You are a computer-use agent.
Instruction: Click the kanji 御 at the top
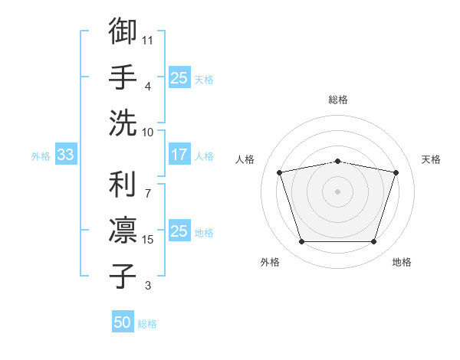tap(123, 31)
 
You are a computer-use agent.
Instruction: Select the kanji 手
tap(123, 77)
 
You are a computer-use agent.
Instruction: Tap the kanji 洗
tap(123, 123)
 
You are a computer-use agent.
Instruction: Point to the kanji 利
tap(123, 184)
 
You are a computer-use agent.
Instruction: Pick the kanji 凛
tap(123, 230)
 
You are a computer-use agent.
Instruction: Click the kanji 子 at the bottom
tap(123, 276)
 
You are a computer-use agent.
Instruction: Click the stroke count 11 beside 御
tap(147, 41)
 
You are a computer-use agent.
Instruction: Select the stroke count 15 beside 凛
tap(147, 240)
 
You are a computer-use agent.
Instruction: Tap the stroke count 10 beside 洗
tap(147, 133)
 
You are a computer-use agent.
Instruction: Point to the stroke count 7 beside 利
tap(148, 194)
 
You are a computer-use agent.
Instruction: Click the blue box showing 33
tap(66, 154)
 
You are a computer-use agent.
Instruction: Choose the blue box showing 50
tap(123, 321)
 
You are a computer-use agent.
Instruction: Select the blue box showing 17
tap(179, 154)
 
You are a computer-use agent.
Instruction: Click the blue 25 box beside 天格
tap(179, 77)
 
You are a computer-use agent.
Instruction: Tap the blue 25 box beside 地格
tap(179, 230)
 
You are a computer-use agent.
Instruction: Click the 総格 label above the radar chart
tap(338, 100)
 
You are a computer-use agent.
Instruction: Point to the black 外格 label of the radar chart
tap(270, 262)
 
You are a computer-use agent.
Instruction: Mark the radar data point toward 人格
tap(279, 172)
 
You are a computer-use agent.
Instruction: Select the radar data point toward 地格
tap(373, 242)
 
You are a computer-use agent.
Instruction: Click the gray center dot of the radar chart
tap(337, 191)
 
